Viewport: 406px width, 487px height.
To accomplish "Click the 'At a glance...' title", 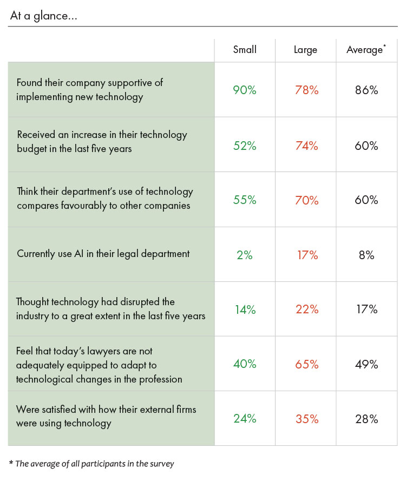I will click(43, 16).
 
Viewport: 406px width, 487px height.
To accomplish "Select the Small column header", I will click(245, 50).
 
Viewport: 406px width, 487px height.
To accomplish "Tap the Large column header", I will click(305, 50).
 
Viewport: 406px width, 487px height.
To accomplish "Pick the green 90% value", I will click(245, 90).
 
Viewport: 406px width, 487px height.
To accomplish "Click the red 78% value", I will click(306, 90).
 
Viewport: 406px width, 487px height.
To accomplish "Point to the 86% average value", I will click(366, 90).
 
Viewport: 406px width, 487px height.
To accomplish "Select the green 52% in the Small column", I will click(245, 146).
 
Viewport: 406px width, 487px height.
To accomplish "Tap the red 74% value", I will click(306, 146).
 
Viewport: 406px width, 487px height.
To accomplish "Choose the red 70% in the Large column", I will click(306, 200).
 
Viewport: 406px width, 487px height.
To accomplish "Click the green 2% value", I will click(245, 255).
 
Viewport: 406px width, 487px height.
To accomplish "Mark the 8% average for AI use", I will click(366, 255).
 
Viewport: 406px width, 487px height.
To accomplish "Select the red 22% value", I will click(306, 310).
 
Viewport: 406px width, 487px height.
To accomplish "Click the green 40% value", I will click(245, 364).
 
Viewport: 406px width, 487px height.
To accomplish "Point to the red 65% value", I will click(306, 364).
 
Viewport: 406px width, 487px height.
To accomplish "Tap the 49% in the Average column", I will click(366, 364).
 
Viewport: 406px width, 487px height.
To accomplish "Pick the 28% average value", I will click(366, 419).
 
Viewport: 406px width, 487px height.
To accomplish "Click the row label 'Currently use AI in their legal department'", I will click(103, 254).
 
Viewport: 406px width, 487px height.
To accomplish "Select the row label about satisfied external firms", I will click(106, 416).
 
